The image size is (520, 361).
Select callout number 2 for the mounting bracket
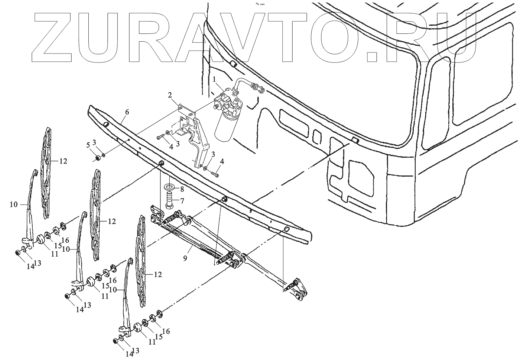point(170,95)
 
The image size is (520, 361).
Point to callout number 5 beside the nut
point(88,145)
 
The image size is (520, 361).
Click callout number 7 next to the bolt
point(182,201)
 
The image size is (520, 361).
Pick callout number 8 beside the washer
point(182,189)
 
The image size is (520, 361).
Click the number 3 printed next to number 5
point(94,142)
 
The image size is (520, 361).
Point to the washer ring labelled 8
point(170,186)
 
